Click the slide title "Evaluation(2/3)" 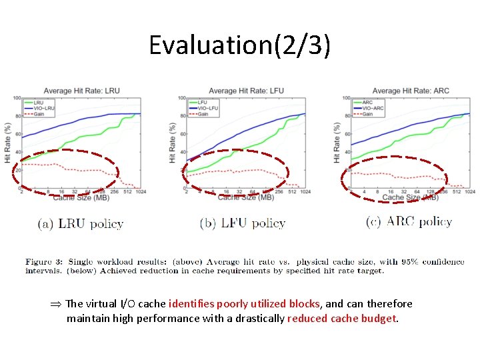(x=239, y=45)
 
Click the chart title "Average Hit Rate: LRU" (x=82, y=91)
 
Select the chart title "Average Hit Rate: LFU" (x=247, y=91)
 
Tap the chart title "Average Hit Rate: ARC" (x=411, y=91)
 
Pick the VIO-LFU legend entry (x=202, y=108)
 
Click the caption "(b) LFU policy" (x=243, y=223)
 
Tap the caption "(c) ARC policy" (x=409, y=222)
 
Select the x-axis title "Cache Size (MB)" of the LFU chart (x=245, y=197)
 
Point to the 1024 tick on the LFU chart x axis (x=305, y=192)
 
